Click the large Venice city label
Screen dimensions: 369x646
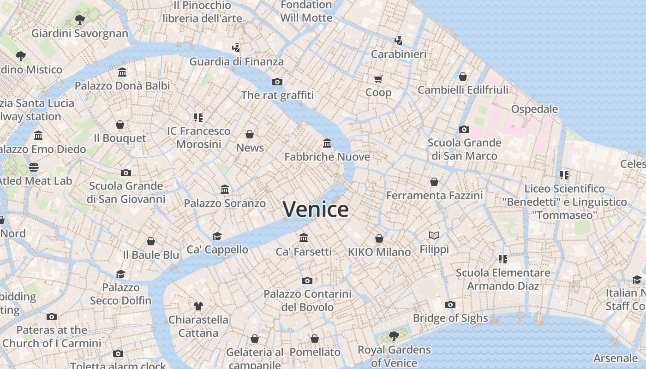(x=316, y=209)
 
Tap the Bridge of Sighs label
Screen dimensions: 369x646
(x=450, y=318)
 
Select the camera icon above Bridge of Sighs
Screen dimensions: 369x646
(x=450, y=304)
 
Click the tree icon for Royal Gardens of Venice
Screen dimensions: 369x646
(x=394, y=335)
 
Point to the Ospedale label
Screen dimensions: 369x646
(x=534, y=109)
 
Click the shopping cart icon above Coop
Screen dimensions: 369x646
(x=378, y=79)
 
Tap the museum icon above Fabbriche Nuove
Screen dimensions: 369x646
(x=327, y=143)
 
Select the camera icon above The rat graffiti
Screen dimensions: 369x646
(x=277, y=82)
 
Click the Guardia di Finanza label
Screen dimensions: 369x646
(x=236, y=61)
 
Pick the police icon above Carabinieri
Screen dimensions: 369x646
(x=398, y=41)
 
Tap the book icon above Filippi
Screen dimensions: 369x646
(x=434, y=236)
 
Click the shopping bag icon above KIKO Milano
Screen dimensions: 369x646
(x=379, y=238)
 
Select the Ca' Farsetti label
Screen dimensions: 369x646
(x=303, y=252)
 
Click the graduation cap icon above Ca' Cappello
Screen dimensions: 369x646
(x=217, y=236)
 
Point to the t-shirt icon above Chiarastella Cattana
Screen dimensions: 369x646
(x=198, y=306)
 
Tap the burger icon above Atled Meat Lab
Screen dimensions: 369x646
(x=34, y=167)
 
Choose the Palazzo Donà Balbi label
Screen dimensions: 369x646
(x=122, y=86)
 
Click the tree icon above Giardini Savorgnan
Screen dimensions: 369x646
(x=80, y=20)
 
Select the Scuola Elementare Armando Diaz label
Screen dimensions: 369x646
(x=503, y=279)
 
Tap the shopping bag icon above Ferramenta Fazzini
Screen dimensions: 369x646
(x=434, y=182)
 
